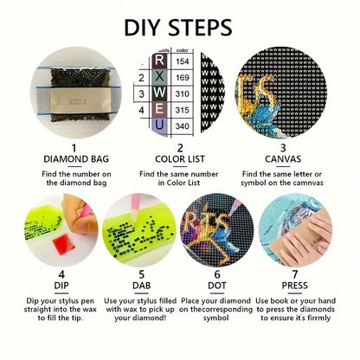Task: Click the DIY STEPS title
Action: tap(178, 28)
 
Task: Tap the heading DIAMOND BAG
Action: tap(76, 159)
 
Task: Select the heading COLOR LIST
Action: tap(180, 159)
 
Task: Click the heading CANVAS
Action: tap(283, 159)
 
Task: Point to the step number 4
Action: tap(61, 274)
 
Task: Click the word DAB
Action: tap(141, 286)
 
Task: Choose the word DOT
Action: tap(216, 286)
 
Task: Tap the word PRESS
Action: tap(294, 286)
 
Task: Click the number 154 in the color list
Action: tap(183, 61)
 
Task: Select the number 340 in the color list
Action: tap(183, 126)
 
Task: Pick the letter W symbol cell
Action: tap(159, 93)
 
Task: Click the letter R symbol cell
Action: tap(159, 61)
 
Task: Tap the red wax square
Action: tap(64, 244)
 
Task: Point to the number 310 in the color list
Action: tap(183, 93)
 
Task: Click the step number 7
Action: tap(294, 274)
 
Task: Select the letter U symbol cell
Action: tap(159, 126)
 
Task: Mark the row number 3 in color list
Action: tap(141, 94)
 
